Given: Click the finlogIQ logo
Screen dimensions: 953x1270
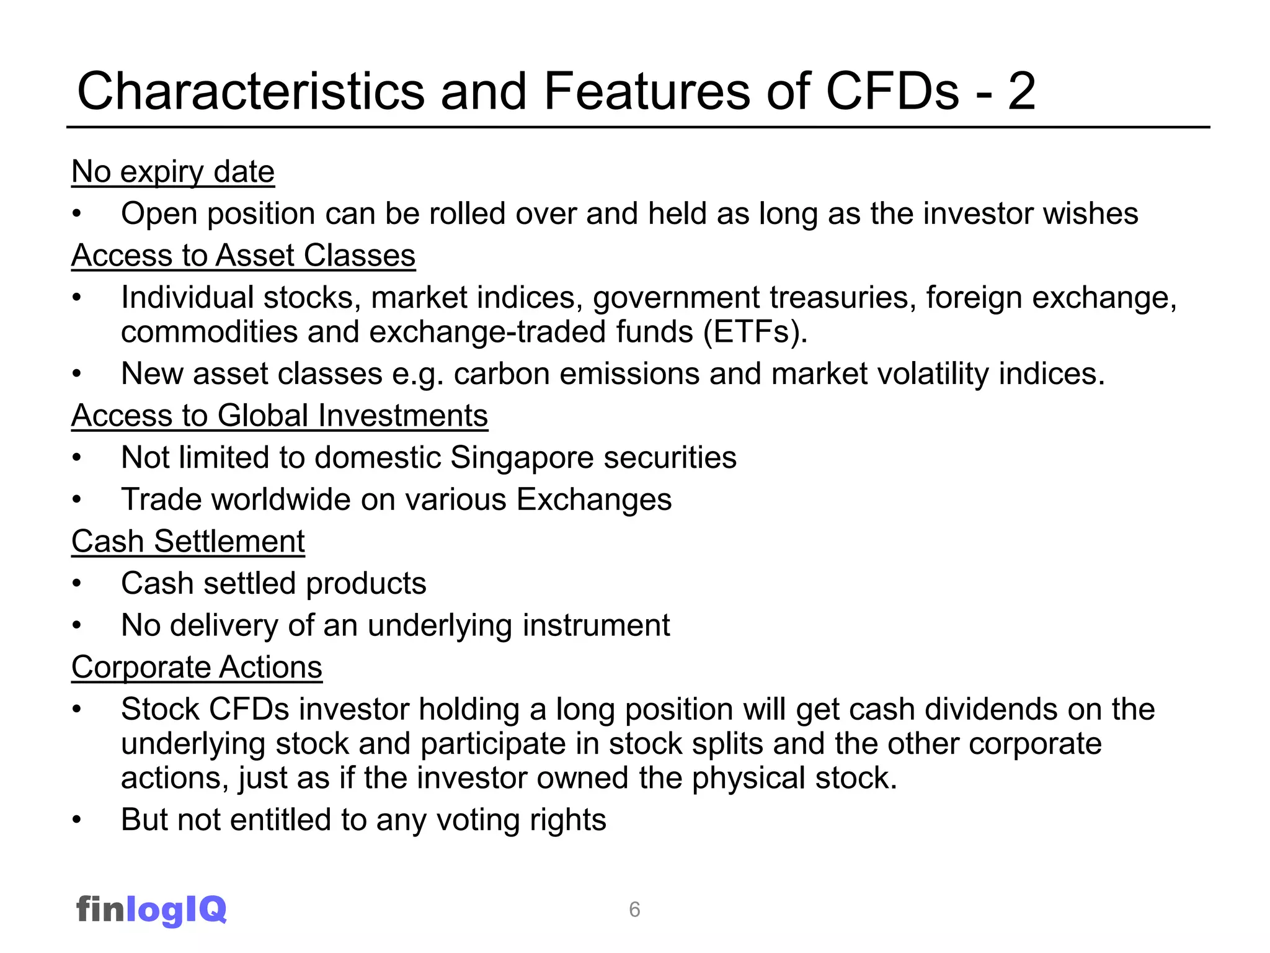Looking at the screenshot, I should (x=151, y=910).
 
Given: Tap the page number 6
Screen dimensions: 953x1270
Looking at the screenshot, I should (x=634, y=910).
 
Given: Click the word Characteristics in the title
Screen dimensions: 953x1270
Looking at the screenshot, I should (x=251, y=91).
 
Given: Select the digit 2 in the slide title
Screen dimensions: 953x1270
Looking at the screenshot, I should (x=1021, y=91).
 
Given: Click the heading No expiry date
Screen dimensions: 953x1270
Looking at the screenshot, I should (x=172, y=172).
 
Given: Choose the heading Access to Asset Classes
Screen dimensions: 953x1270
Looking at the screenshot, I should (x=243, y=256).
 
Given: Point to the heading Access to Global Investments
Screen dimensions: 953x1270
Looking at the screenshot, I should (x=280, y=416).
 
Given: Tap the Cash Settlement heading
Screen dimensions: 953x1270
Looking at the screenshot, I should (x=188, y=542).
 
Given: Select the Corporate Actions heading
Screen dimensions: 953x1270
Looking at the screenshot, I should (x=197, y=668).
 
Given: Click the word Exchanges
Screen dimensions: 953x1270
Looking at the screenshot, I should (x=593, y=500).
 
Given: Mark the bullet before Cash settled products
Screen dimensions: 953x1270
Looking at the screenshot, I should (x=76, y=584).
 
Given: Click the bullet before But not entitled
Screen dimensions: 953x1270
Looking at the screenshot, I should (x=76, y=820).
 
